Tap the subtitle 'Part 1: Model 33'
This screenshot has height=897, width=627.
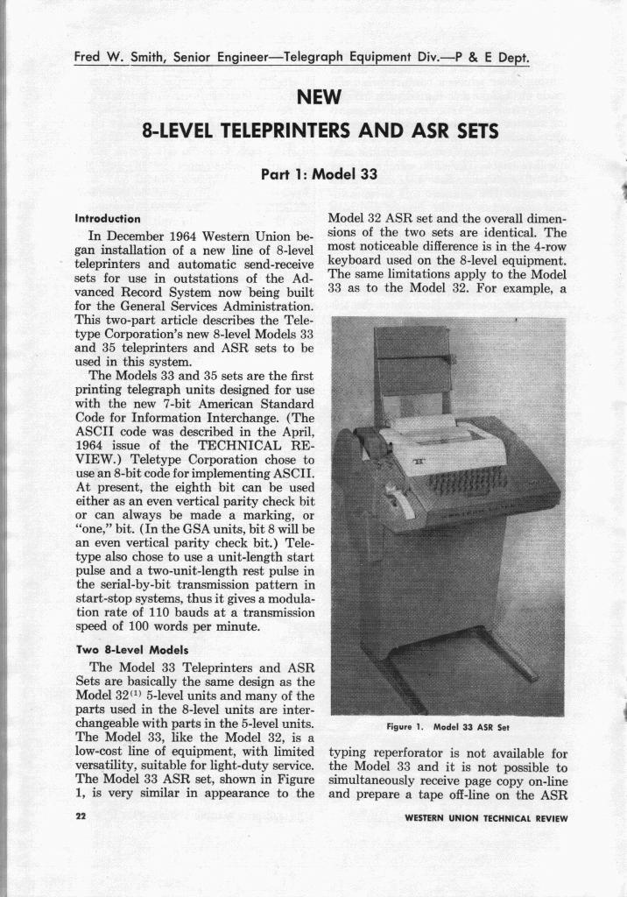[x=319, y=173]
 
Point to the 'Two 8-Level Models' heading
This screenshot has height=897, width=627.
[x=123, y=650]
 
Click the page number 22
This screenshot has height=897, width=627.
[x=81, y=817]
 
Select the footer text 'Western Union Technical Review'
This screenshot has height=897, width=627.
[x=486, y=818]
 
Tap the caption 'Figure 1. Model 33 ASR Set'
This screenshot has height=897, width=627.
[x=447, y=726]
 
